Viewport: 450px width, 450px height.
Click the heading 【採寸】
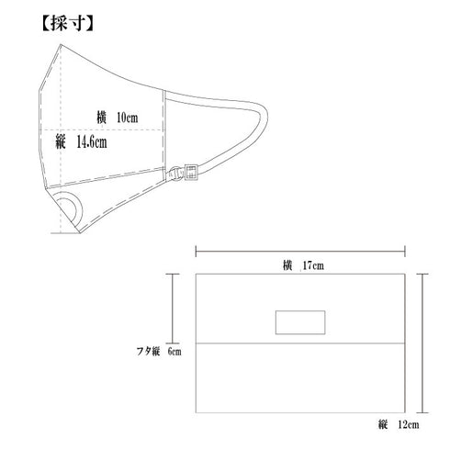67,23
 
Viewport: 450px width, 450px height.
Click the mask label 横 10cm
118,118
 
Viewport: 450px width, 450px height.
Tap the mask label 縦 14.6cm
81,142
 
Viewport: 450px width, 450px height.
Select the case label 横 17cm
303,265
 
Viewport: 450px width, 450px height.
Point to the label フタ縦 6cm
159,351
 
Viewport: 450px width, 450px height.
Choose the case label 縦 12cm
399,424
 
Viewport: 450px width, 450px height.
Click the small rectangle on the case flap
300,322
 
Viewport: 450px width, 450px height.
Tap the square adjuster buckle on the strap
191,173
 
